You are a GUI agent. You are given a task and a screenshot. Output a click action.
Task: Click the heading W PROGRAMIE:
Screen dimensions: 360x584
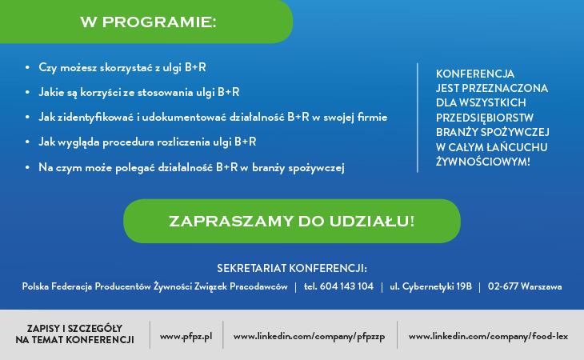(148, 22)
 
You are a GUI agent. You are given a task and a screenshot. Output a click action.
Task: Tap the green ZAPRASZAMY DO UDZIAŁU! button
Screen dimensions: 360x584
(292, 221)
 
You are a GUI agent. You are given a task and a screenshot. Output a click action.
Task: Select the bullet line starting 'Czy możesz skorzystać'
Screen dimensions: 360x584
(122, 68)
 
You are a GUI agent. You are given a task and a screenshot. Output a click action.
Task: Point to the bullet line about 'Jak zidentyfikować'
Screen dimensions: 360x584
(213, 117)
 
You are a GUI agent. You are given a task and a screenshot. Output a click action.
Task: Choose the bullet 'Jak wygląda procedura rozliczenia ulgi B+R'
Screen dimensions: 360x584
(147, 142)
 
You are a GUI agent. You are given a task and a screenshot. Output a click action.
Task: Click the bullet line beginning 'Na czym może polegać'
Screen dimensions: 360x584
(191, 167)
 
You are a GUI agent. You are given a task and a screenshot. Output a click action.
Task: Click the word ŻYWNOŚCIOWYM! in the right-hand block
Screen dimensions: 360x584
(482, 162)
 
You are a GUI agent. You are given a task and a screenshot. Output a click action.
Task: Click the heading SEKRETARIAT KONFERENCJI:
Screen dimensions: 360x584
(292, 268)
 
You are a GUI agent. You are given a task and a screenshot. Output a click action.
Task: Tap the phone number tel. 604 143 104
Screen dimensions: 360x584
(338, 286)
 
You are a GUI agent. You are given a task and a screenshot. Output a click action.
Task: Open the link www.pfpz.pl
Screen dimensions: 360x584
(186, 337)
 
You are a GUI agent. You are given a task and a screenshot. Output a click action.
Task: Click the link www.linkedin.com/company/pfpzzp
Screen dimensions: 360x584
(309, 337)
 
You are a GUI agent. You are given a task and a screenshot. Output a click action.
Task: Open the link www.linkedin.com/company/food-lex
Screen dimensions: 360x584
(488, 337)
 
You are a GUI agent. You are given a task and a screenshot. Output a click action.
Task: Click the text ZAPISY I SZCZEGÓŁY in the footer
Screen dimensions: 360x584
(74, 328)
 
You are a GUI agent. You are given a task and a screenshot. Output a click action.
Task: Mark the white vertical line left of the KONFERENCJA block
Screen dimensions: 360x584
(418, 118)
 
